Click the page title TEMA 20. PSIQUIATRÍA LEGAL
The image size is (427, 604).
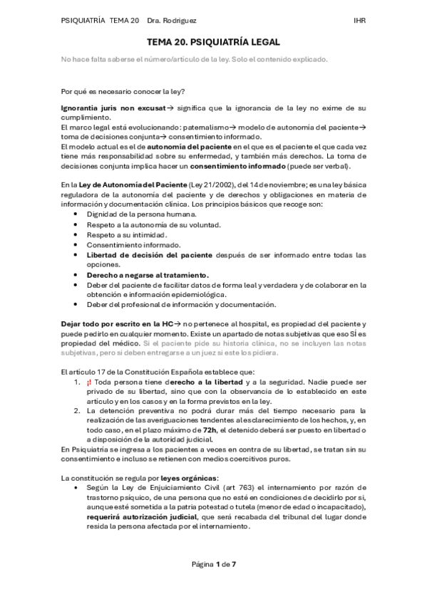coord(213,43)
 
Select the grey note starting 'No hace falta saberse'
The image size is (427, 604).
coord(195,59)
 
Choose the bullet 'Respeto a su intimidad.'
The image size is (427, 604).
coord(127,234)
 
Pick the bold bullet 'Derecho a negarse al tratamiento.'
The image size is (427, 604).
coord(148,274)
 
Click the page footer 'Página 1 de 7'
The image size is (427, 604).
coord(213,565)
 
